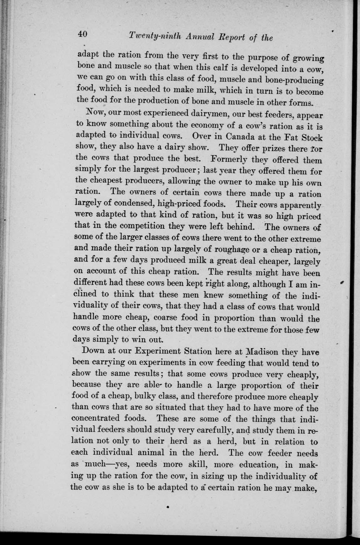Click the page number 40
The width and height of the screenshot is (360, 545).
coord(83,34)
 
